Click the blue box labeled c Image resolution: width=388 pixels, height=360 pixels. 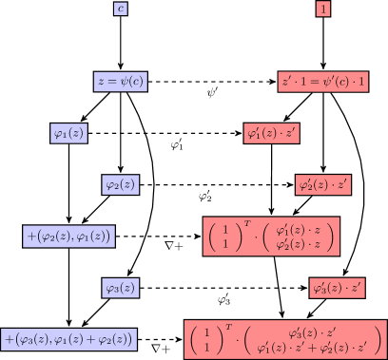click(x=120, y=9)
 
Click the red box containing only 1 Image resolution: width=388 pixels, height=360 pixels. click(x=324, y=9)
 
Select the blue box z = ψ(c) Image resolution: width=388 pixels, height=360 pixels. click(x=121, y=82)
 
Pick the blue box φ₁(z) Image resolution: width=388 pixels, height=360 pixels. click(x=68, y=134)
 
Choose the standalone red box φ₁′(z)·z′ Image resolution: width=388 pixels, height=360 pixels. click(x=272, y=134)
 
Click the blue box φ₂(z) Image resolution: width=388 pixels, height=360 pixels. click(x=121, y=184)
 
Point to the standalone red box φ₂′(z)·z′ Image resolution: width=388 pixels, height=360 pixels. click(x=324, y=184)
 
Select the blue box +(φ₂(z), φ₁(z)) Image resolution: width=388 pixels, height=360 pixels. click(x=68, y=236)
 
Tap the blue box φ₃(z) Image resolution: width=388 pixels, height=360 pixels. click(x=121, y=287)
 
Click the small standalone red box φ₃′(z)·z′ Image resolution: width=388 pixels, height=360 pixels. click(x=338, y=287)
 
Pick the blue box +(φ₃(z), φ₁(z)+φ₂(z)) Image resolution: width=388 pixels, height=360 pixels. click(x=69, y=338)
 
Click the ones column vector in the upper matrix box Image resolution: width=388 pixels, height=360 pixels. click(x=225, y=236)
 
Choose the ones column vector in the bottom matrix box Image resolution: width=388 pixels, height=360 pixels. click(x=206, y=339)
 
